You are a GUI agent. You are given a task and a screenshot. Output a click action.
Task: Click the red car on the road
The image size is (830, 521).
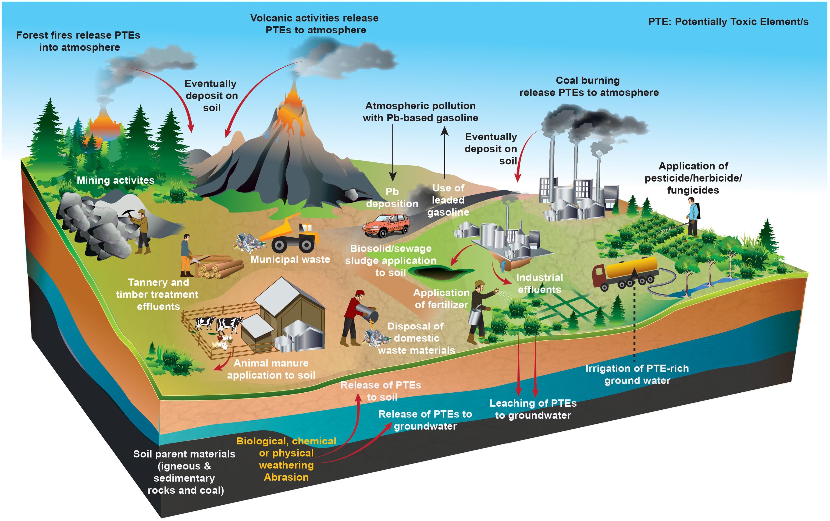tap(386, 225)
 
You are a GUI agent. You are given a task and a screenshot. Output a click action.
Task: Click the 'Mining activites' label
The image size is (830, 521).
tap(115, 180)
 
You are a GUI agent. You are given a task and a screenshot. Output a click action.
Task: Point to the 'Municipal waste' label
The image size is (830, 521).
tap(290, 259)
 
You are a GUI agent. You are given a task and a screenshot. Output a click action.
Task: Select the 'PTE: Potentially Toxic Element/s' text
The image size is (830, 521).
tap(728, 22)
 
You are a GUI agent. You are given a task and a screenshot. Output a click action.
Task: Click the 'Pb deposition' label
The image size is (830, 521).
tap(392, 198)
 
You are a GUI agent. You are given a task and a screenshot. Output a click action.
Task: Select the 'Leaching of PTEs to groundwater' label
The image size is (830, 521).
tap(533, 409)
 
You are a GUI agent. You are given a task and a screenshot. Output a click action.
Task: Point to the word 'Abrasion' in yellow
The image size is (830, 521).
tap(286, 477)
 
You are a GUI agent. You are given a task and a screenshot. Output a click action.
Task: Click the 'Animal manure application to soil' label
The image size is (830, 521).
tap(271, 369)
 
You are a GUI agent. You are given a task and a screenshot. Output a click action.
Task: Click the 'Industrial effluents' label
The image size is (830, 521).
tap(539, 283)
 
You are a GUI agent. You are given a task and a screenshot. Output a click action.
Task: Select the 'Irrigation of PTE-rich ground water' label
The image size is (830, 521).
tap(637, 374)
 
